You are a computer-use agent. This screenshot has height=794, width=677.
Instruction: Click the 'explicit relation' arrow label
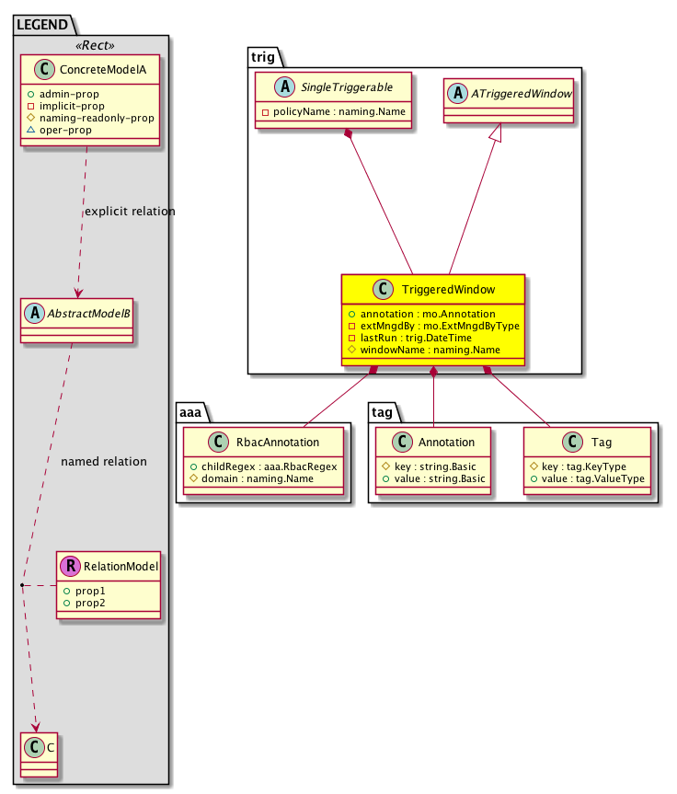[x=129, y=212]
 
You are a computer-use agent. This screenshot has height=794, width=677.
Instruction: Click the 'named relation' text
[x=103, y=461]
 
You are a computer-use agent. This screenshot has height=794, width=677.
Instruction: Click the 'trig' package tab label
[x=263, y=56]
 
